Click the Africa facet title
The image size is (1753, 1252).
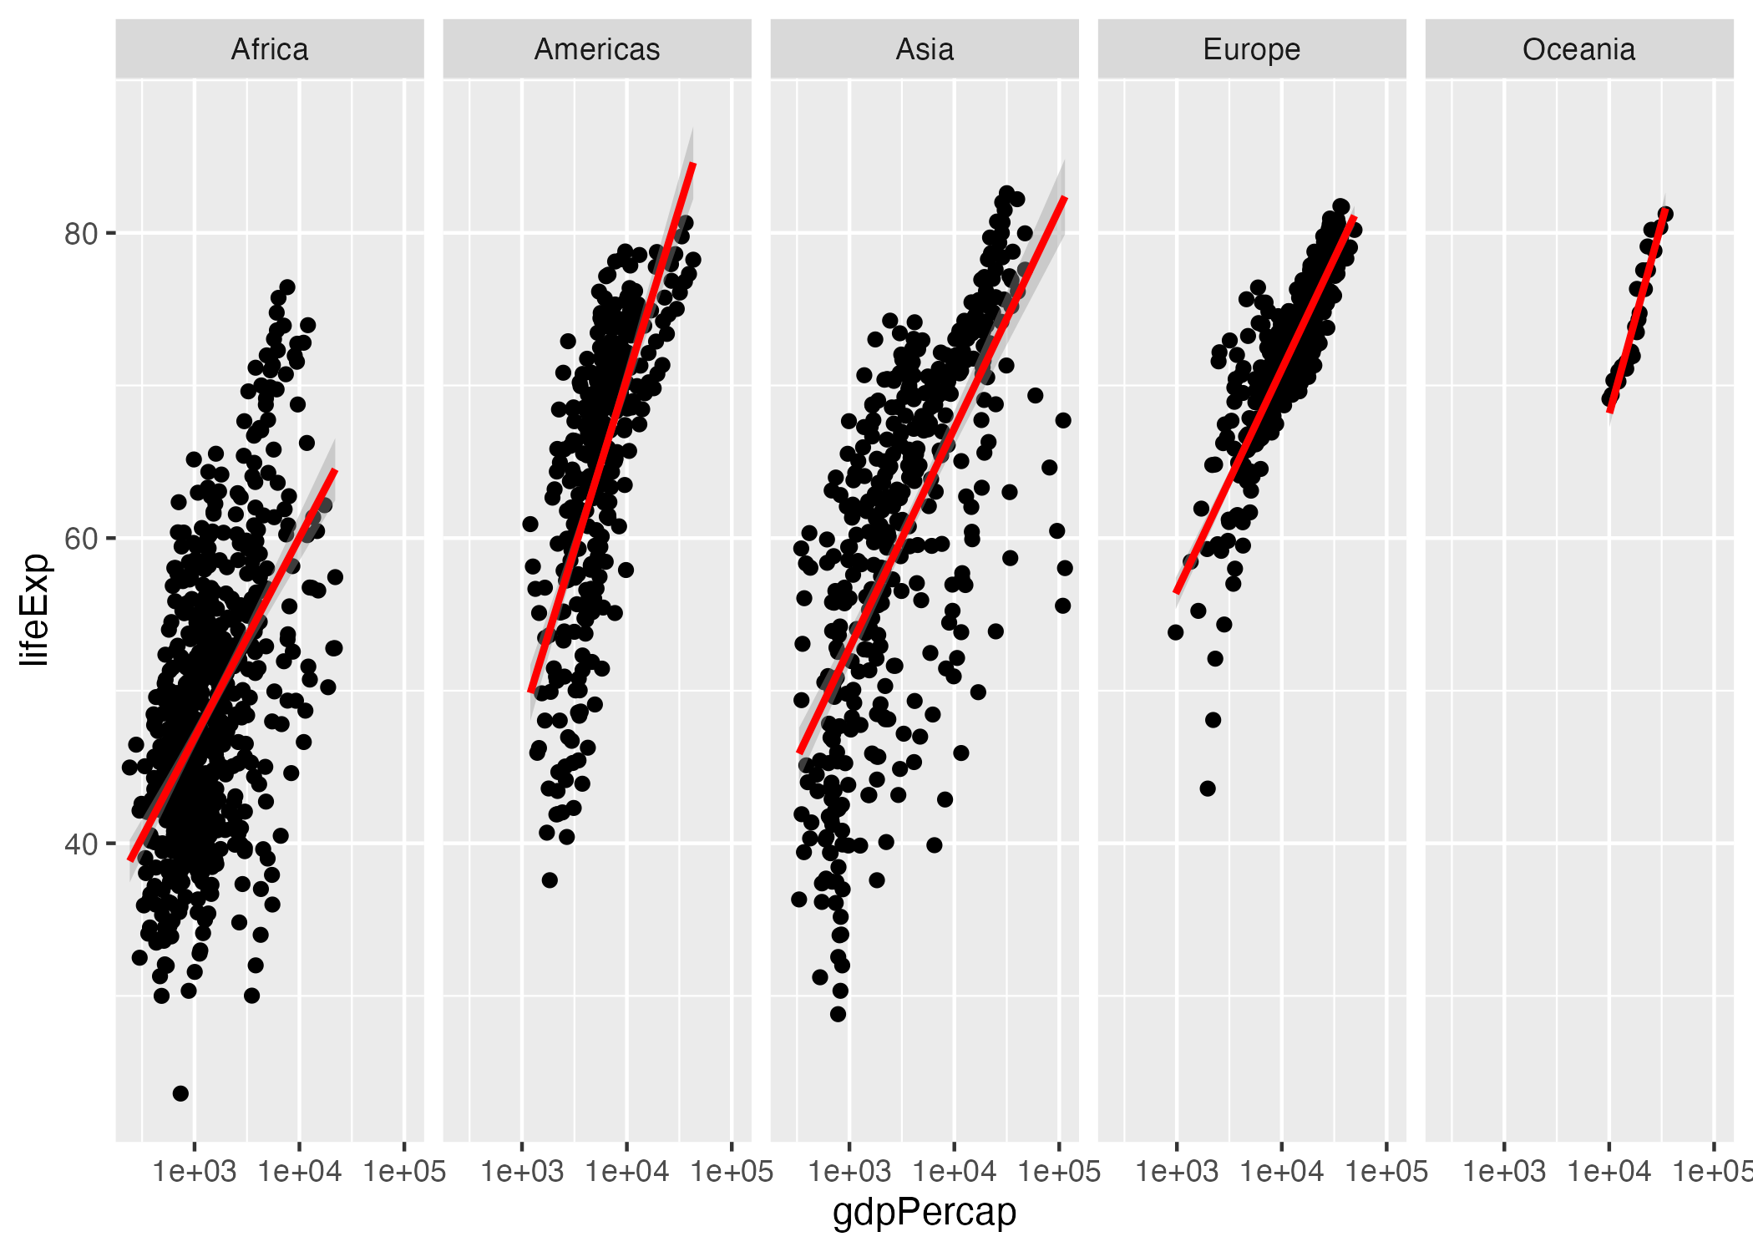point(270,49)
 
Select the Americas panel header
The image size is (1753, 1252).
point(597,49)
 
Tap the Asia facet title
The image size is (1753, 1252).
point(925,49)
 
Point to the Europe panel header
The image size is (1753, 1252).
point(1251,49)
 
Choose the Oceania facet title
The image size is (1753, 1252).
point(1578,49)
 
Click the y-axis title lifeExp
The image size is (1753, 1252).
point(35,609)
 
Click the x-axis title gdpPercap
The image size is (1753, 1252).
point(925,1212)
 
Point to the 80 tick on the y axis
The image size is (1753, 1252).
point(81,234)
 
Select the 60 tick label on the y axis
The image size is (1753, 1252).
point(81,539)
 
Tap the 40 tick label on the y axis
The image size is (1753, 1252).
point(81,844)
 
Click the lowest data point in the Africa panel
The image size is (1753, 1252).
point(180,1093)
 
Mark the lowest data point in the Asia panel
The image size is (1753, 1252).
point(838,1014)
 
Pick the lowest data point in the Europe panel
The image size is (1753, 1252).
point(1208,788)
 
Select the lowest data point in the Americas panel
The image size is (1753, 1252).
point(550,880)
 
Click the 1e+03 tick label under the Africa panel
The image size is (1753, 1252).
point(195,1172)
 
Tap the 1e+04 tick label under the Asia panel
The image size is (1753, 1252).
point(955,1172)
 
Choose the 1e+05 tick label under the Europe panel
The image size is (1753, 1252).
point(1386,1172)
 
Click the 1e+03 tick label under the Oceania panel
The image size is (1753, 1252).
point(1503,1172)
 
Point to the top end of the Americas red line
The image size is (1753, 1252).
point(693,164)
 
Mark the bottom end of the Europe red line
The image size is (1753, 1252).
point(1176,593)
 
